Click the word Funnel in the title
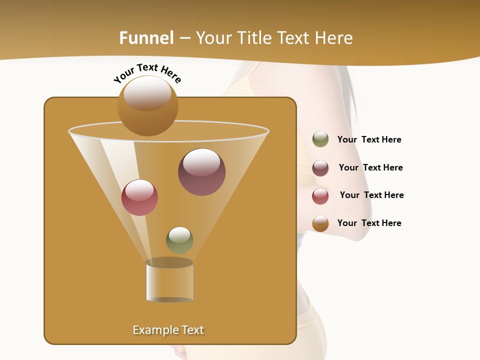pyautogui.click(x=146, y=38)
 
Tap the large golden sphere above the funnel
pyautogui.click(x=147, y=105)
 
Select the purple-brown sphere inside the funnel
pyautogui.click(x=201, y=172)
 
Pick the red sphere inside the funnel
pyautogui.click(x=139, y=197)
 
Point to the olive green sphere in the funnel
pyautogui.click(x=179, y=240)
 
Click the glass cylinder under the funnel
pyautogui.click(x=169, y=282)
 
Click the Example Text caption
pyautogui.click(x=168, y=330)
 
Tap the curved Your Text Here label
pyautogui.click(x=147, y=73)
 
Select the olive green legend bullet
pyautogui.click(x=320, y=139)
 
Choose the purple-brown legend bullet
pyautogui.click(x=320, y=168)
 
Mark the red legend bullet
pyautogui.click(x=320, y=196)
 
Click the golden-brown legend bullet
pyautogui.click(x=320, y=223)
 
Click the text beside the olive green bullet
pyautogui.click(x=369, y=139)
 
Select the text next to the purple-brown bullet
pyautogui.click(x=370, y=167)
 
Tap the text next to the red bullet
pyautogui.click(x=371, y=195)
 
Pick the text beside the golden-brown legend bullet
pyautogui.click(x=369, y=223)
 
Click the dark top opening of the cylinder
pyautogui.click(x=169, y=262)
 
